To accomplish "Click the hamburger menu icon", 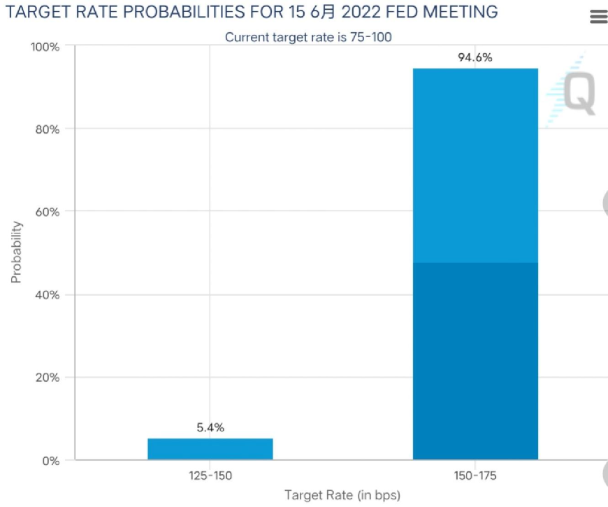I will pos(598,17).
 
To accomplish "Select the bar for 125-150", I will pos(210,449).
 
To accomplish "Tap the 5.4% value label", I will pos(210,428).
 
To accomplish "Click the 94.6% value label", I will pos(475,57).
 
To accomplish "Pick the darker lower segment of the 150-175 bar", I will pos(475,361).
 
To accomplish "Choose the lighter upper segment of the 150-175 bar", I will pos(475,165).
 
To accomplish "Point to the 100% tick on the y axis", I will pos(46,47).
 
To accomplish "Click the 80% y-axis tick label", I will pos(48,129).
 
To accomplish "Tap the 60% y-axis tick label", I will pos(48,212).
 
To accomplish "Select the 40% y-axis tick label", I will pos(48,295).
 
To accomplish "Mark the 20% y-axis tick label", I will pos(48,378).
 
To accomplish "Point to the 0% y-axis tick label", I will pos(51,461).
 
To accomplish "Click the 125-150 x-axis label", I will pos(210,476).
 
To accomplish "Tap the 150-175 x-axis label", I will pos(475,476).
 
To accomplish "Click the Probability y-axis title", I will pos(16,252).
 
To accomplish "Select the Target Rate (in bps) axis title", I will pos(342,495).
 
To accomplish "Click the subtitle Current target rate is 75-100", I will pos(308,37).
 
